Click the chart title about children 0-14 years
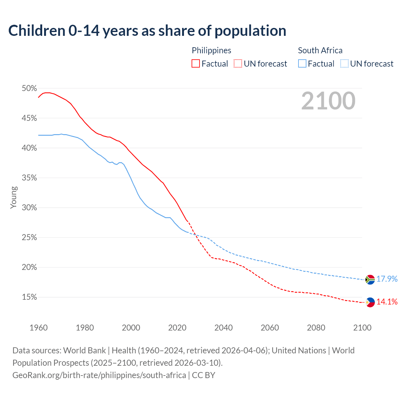(147, 31)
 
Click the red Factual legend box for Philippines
(196, 64)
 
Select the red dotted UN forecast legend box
(238, 64)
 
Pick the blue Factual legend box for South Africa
(302, 64)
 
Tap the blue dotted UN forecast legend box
(344, 64)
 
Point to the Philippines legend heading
(211, 50)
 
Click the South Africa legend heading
(320, 50)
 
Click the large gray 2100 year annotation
(328, 101)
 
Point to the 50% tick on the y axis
(29, 88)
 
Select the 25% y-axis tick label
(29, 238)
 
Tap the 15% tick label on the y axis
(29, 297)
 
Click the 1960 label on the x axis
(38, 328)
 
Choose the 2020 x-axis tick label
(177, 328)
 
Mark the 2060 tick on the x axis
(270, 328)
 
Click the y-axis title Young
(13, 197)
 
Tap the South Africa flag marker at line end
(370, 279)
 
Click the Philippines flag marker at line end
(370, 302)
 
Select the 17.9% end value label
(387, 279)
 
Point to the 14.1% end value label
(387, 302)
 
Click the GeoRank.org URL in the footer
(99, 375)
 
